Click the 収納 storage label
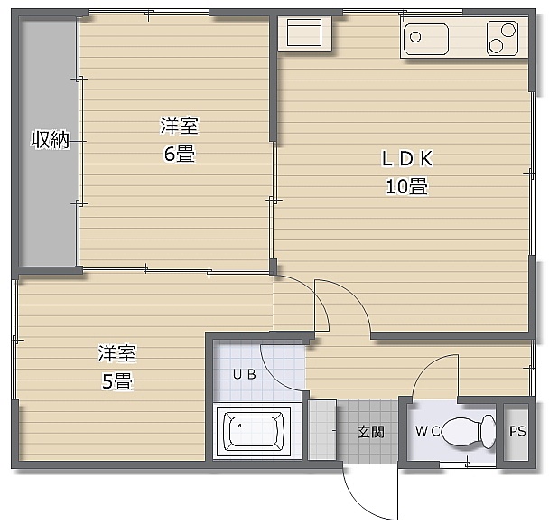[x=51, y=140]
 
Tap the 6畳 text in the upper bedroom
[x=180, y=154]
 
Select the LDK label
[x=407, y=158]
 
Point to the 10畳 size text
[x=406, y=186]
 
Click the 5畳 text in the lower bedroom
[x=117, y=381]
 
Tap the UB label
[x=245, y=374]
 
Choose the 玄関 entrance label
[x=371, y=432]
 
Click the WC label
[x=428, y=431]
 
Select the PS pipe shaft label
[x=517, y=431]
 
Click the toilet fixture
[x=469, y=431]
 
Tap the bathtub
[x=254, y=431]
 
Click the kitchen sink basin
[x=426, y=39]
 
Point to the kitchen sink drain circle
[x=415, y=37]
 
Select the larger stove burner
[x=507, y=30]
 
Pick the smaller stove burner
[x=496, y=46]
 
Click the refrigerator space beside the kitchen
[x=304, y=33]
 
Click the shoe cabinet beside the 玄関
[x=322, y=430]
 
